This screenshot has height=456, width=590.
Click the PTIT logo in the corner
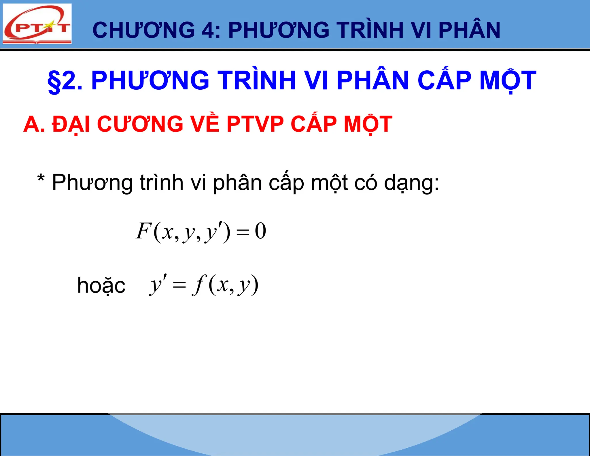pyautogui.click(x=37, y=24)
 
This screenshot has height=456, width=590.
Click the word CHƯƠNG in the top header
pyautogui.click(x=144, y=30)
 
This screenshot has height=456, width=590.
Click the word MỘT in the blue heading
pyautogui.click(x=508, y=81)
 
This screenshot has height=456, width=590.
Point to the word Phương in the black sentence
pyautogui.click(x=92, y=183)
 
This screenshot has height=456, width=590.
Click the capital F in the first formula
pyautogui.click(x=143, y=231)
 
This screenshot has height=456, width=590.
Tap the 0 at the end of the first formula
pyautogui.click(x=260, y=231)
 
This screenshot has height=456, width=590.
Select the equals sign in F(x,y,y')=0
pyautogui.click(x=243, y=232)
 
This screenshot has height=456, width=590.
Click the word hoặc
pyautogui.click(x=101, y=286)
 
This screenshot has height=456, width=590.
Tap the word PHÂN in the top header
pyautogui.click(x=469, y=30)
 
